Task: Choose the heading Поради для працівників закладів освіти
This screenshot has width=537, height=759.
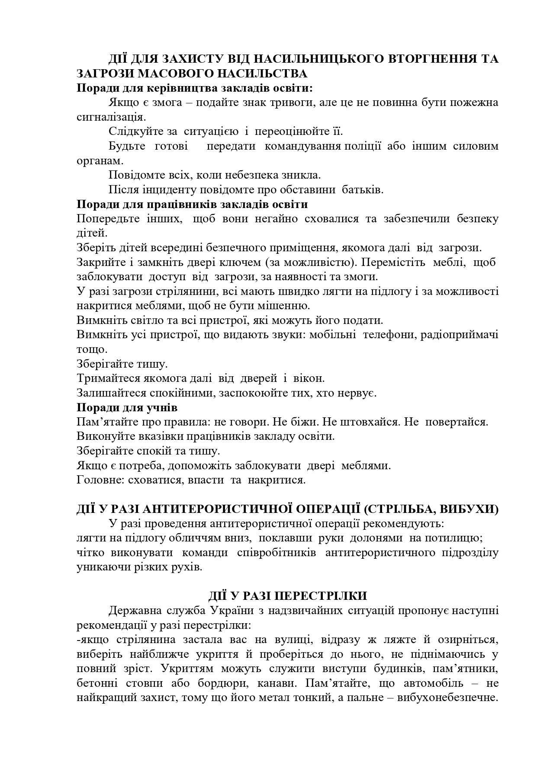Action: (x=192, y=204)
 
